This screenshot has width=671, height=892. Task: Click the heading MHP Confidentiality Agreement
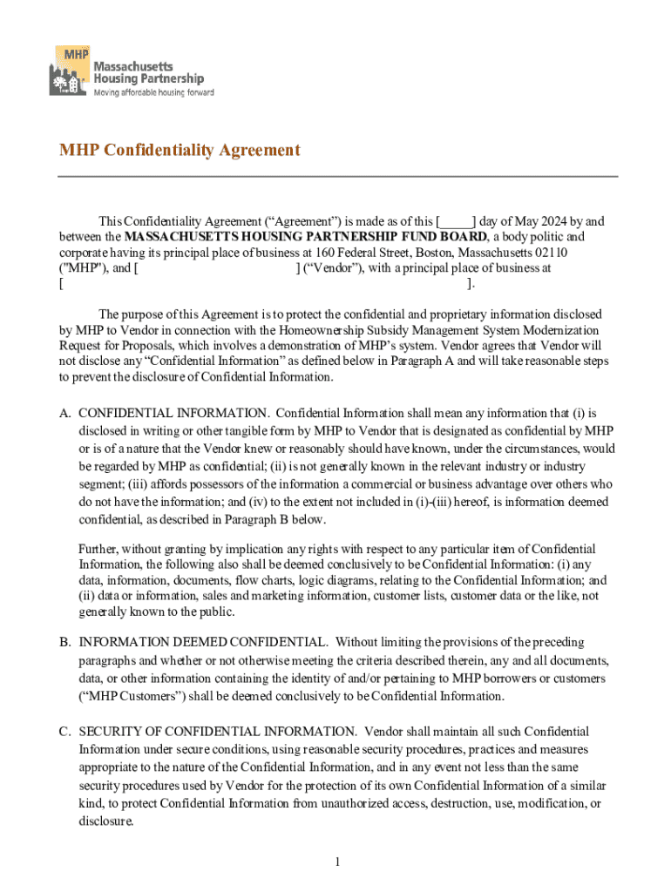click(180, 151)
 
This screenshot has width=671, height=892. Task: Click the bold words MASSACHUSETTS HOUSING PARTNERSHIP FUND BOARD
click(306, 237)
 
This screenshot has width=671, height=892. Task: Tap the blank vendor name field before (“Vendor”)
click(216, 268)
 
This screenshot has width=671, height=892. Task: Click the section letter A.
click(64, 413)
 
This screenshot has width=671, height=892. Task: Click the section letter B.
click(64, 642)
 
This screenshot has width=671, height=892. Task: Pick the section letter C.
click(64, 732)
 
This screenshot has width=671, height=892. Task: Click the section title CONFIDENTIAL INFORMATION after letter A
click(173, 413)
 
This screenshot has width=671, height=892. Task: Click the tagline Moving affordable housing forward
click(153, 92)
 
